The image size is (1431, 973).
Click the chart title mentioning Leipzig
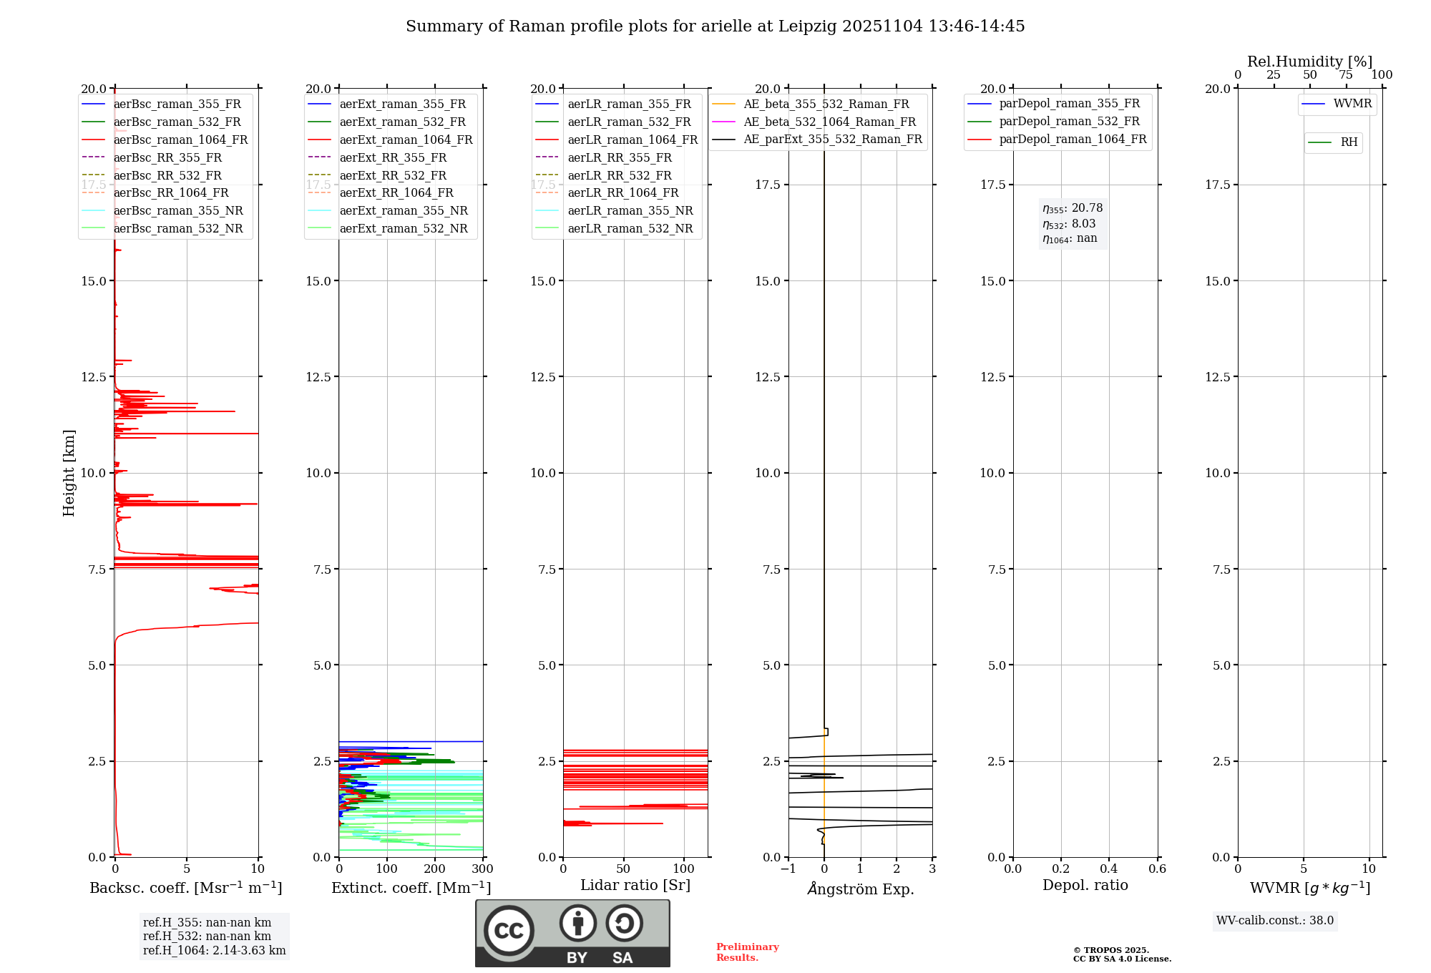715,26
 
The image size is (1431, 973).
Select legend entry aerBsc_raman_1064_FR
180,140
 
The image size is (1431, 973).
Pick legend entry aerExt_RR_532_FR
393,175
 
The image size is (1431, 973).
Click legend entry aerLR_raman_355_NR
630,210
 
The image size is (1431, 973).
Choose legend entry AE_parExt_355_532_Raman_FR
832,139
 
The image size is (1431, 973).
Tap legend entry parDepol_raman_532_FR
1069,122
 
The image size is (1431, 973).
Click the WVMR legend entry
1352,104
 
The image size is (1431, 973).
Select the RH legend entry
1349,142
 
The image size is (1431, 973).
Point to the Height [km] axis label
69,472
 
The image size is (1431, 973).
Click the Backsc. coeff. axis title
185,888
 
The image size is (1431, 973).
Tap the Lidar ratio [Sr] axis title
635,885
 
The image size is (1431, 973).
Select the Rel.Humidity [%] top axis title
1309,62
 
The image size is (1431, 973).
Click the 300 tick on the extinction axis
483,869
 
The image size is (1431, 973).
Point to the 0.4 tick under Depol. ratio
1109,869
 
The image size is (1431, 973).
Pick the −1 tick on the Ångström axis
788,869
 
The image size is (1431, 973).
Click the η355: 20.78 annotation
1072,208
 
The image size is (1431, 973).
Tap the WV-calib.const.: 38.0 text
1274,920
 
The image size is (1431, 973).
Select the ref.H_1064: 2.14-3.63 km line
214,950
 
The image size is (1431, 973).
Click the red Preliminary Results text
747,952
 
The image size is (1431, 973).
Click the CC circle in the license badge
509,930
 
